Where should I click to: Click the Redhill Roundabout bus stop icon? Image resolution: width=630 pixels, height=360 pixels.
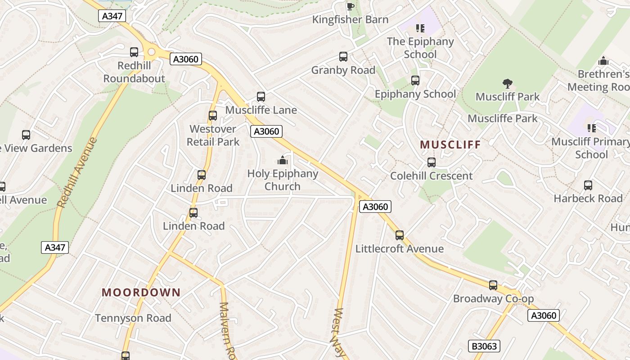coord(134,52)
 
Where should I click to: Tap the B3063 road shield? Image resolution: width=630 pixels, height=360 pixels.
coord(485,346)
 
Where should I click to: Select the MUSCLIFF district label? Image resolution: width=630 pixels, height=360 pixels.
coord(450,144)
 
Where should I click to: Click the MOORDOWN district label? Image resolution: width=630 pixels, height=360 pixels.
coord(141,292)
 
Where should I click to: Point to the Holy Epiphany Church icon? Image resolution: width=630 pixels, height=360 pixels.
coord(282,160)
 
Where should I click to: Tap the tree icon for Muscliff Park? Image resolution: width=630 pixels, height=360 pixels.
coord(508,83)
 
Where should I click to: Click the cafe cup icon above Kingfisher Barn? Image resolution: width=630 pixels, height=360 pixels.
coord(350,6)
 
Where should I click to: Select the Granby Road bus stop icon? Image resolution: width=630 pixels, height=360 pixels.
coord(343,57)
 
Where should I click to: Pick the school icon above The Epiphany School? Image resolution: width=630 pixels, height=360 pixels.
coord(420,28)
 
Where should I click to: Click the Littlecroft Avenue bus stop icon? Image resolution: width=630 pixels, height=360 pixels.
coord(399,235)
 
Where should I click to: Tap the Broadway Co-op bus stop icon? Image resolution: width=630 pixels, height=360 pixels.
coord(493,285)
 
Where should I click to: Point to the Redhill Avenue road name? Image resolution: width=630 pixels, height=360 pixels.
coord(77,172)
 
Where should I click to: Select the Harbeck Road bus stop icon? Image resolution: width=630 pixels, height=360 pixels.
coord(588,185)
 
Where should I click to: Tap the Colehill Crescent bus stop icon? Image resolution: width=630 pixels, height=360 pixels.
coord(431,162)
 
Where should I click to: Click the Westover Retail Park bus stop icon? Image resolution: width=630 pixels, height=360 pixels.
coord(213,116)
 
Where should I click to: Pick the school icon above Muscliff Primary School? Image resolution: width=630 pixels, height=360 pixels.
coord(592,128)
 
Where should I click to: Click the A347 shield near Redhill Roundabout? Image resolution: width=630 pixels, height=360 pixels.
coord(112,16)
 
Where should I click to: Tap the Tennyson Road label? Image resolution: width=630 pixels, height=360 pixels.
coord(133,318)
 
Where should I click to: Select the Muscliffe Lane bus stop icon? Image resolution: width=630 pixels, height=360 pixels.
coord(261,96)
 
